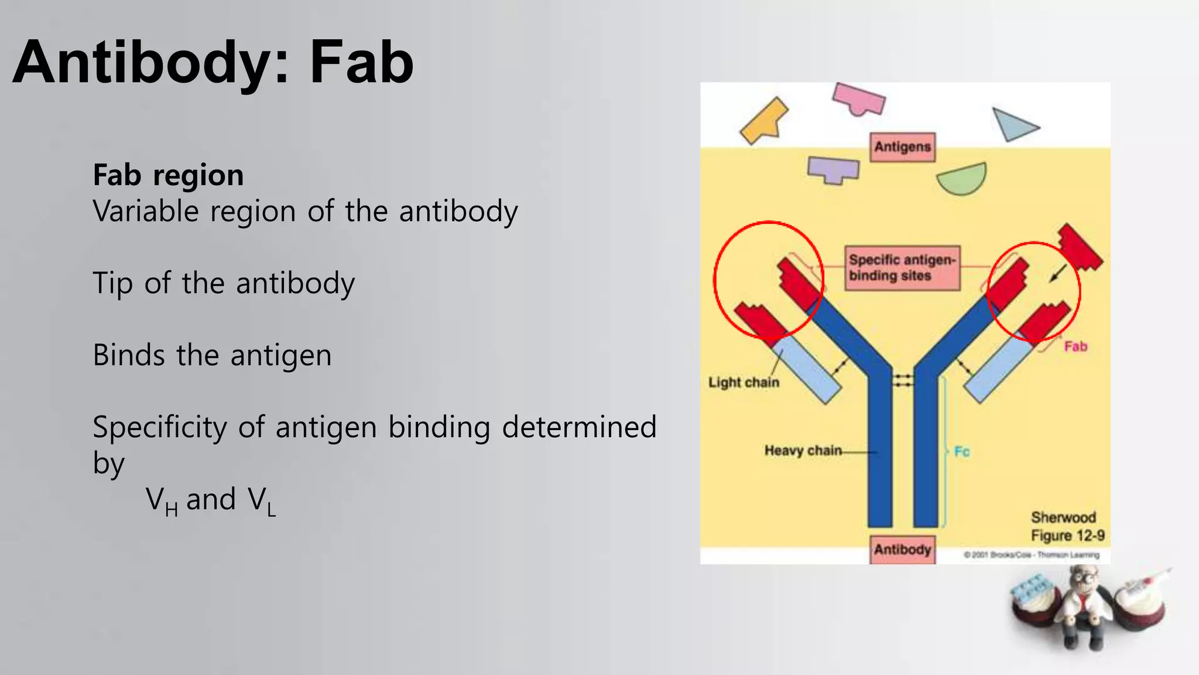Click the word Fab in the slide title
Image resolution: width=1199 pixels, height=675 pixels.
click(x=361, y=63)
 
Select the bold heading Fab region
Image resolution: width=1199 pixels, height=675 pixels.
click(x=168, y=175)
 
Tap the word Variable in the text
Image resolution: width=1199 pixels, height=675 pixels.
click(x=146, y=211)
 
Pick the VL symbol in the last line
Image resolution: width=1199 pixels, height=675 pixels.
click(x=261, y=501)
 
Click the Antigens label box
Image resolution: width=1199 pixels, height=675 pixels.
click(x=902, y=146)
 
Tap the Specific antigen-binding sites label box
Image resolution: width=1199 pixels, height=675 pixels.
click(x=902, y=268)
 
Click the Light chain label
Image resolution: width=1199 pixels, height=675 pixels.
click(x=744, y=383)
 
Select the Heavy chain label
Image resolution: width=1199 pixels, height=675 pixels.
click(x=803, y=451)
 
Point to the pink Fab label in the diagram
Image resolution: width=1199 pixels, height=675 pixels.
click(x=1075, y=346)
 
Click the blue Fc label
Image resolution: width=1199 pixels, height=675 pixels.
click(x=961, y=451)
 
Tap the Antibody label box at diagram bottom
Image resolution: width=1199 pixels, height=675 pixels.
click(x=902, y=550)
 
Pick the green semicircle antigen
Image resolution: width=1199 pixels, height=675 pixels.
click(x=964, y=179)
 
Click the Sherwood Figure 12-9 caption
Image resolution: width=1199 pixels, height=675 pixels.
click(x=1067, y=527)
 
